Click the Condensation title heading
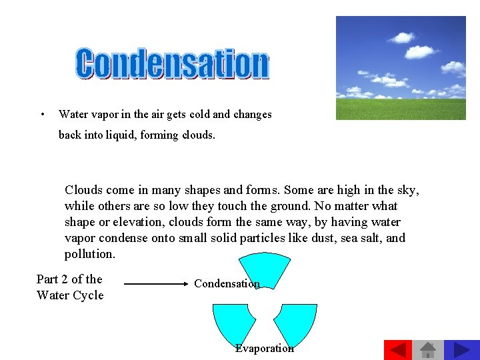172,64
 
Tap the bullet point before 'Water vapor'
42,113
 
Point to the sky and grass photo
400,67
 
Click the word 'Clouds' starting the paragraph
83,190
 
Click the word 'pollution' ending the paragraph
89,254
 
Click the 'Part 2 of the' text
69,279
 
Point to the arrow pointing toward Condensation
157,283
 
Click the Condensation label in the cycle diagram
227,283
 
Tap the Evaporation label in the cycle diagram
264,348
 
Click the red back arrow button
398,350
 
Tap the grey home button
428,350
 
